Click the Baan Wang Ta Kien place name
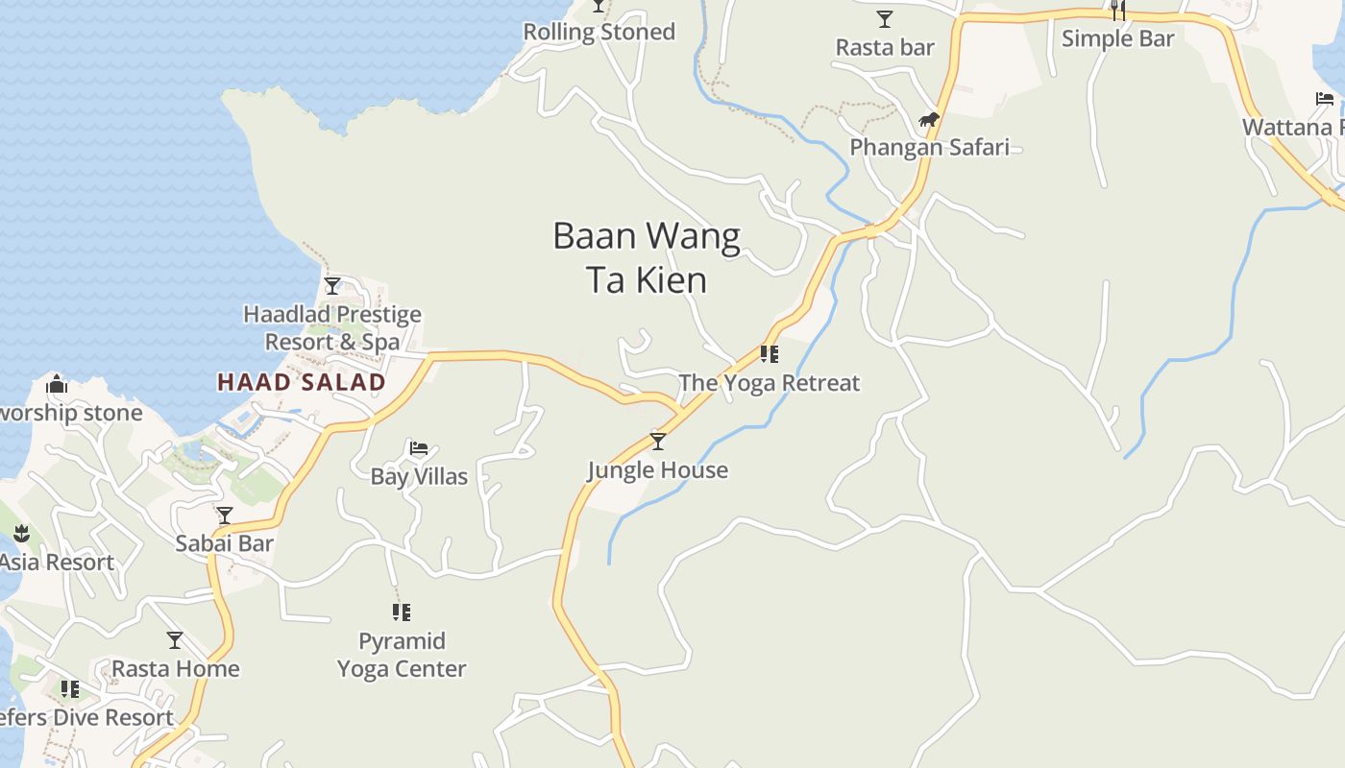pyautogui.click(x=647, y=257)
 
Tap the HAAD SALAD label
pyautogui.click(x=302, y=382)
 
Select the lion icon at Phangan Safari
pyautogui.click(x=929, y=120)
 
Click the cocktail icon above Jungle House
pyautogui.click(x=658, y=442)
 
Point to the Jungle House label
pyautogui.click(x=658, y=470)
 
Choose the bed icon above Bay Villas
pyautogui.click(x=419, y=448)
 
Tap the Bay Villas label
pyautogui.click(x=419, y=476)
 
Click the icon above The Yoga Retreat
pyautogui.click(x=770, y=354)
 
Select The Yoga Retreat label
pyautogui.click(x=770, y=383)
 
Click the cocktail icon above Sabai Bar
pyautogui.click(x=225, y=516)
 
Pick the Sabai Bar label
pyautogui.click(x=225, y=543)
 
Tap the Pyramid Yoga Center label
pyautogui.click(x=402, y=655)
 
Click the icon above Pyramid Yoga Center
pyautogui.click(x=402, y=612)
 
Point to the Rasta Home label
pyautogui.click(x=176, y=668)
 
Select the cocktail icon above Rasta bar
pyautogui.click(x=885, y=19)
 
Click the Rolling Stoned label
pyautogui.click(x=599, y=32)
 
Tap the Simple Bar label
pyautogui.click(x=1118, y=38)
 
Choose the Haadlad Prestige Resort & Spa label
pyautogui.click(x=332, y=327)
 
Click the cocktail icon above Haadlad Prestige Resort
pyautogui.click(x=332, y=286)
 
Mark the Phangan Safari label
pyautogui.click(x=929, y=148)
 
